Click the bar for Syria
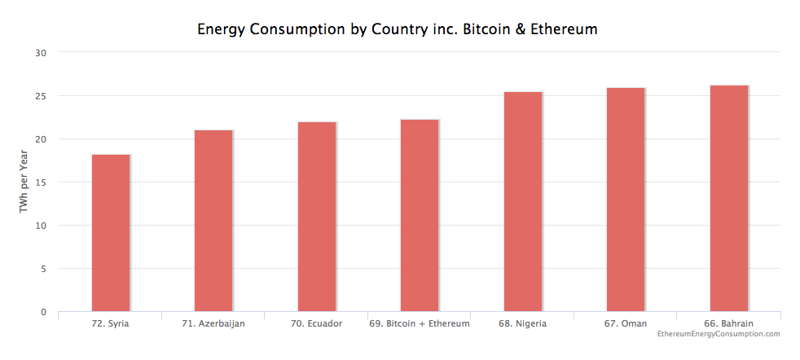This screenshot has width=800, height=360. click(111, 233)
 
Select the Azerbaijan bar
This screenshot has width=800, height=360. click(213, 221)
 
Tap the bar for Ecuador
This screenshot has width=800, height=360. click(317, 217)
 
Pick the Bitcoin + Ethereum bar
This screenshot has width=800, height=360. click(420, 215)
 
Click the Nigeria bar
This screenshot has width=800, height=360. click(523, 202)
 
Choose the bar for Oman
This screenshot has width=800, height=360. click(626, 200)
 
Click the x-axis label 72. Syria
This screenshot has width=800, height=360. click(110, 323)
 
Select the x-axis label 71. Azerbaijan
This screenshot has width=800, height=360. click(213, 323)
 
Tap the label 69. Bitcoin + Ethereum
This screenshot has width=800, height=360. click(420, 323)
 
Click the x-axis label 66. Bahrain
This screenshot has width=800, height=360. click(729, 323)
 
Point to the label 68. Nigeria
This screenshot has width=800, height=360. click(522, 323)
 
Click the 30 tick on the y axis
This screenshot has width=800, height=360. click(41, 53)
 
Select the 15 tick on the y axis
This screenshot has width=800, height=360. click(41, 182)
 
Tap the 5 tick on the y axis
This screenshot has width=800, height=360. click(44, 269)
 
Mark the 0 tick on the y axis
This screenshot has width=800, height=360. click(44, 312)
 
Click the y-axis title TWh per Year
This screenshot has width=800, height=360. click(24, 182)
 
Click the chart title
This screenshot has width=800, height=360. click(398, 29)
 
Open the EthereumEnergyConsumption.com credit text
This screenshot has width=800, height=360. click(718, 334)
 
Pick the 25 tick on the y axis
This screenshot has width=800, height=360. click(41, 96)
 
